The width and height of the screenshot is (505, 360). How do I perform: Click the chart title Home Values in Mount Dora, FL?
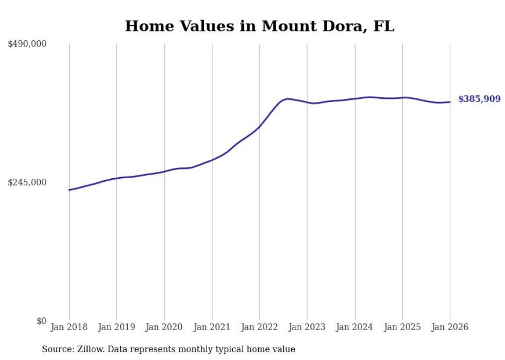click(x=260, y=26)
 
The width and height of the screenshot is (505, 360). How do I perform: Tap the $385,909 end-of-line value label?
click(x=479, y=99)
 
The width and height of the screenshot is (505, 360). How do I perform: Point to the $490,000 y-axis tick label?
click(x=27, y=44)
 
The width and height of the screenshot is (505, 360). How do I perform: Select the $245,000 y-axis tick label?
click(x=27, y=182)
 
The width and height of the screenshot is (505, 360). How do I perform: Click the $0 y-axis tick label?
click(x=41, y=321)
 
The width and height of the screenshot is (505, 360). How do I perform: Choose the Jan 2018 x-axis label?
click(x=69, y=327)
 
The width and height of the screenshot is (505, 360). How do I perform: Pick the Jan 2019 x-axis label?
click(x=116, y=327)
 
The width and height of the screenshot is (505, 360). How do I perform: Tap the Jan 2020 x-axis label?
click(x=164, y=327)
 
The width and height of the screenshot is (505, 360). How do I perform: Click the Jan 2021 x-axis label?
click(x=212, y=327)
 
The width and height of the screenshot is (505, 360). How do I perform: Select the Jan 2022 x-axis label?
click(x=260, y=327)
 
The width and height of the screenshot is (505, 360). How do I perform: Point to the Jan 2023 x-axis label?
click(x=307, y=327)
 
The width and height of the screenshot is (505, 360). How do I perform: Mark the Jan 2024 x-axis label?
click(x=355, y=327)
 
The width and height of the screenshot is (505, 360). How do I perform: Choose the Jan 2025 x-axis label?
click(x=402, y=327)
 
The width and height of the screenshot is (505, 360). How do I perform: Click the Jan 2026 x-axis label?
click(x=450, y=327)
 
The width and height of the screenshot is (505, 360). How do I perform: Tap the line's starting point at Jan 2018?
click(x=69, y=190)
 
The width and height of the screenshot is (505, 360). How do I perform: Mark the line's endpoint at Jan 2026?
click(x=450, y=102)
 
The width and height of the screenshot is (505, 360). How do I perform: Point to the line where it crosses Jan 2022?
click(x=260, y=126)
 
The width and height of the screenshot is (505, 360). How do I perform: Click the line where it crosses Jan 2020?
click(x=164, y=172)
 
